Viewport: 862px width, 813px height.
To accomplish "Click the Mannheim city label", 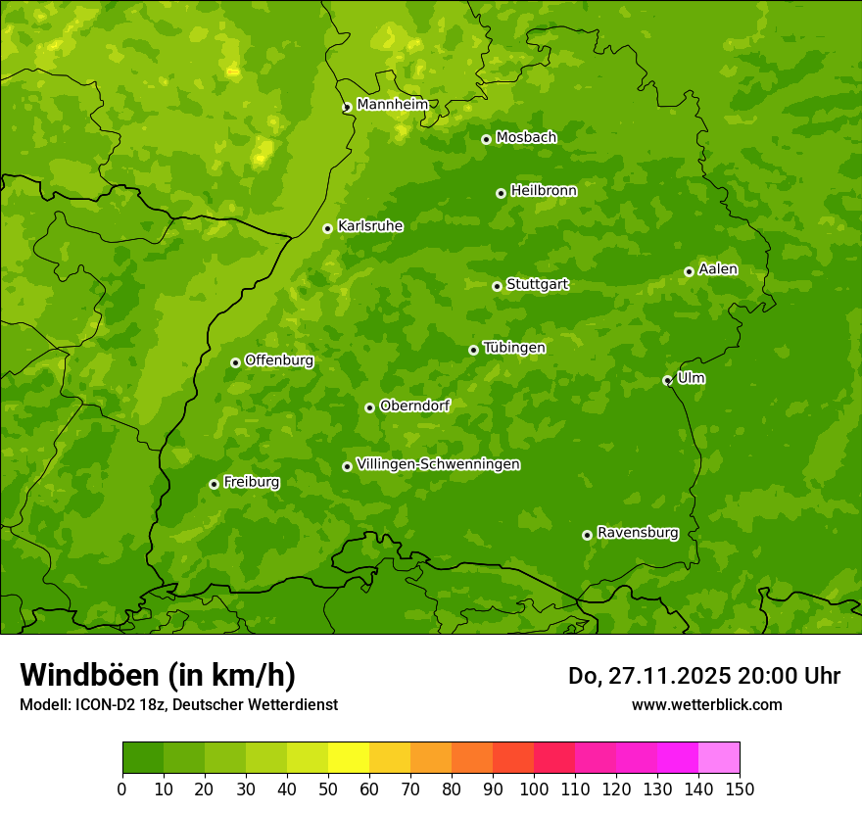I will tap(392, 105).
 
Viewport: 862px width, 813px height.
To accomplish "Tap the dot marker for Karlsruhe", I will tap(327, 228).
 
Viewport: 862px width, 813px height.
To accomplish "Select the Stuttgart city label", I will tap(537, 285).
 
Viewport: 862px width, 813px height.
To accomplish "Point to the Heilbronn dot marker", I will tap(501, 193).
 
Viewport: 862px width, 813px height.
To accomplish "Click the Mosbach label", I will tap(526, 138).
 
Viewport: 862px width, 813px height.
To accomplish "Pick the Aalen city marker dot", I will tap(689, 271).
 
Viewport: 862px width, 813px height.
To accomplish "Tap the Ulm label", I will tap(691, 378).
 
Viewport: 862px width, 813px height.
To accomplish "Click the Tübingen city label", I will tap(514, 348).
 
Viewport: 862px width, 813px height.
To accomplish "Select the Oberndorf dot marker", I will tap(369, 407).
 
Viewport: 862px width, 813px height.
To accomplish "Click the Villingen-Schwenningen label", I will tap(438, 464).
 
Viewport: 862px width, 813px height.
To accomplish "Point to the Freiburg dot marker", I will tap(214, 484).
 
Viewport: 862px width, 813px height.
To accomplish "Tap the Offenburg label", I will tap(279, 360).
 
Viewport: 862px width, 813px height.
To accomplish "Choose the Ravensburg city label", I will tap(638, 533).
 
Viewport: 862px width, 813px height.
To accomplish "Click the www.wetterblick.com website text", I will tap(706, 704).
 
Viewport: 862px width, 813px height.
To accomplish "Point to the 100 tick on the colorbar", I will tap(534, 789).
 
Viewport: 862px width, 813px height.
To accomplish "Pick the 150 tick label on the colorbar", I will tap(740, 789).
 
